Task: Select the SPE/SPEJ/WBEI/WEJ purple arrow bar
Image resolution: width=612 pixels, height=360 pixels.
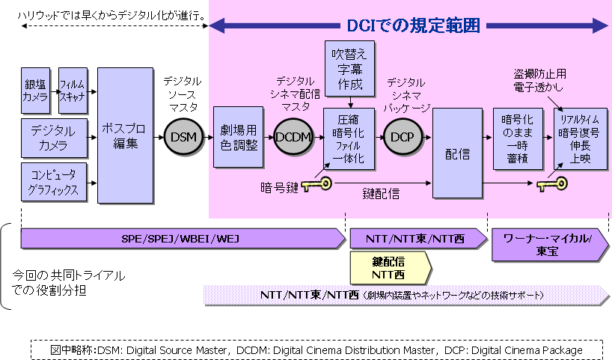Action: click(183, 239)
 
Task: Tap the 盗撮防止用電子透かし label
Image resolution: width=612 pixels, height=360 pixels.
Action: click(540, 80)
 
